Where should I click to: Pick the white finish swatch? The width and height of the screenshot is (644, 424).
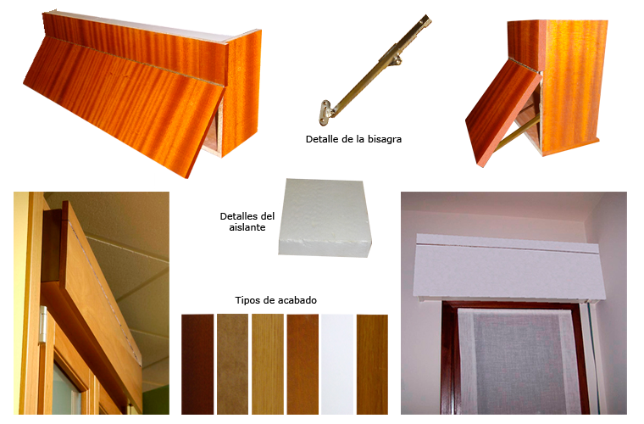click(x=337, y=364)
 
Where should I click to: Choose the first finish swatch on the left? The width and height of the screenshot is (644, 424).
click(x=197, y=364)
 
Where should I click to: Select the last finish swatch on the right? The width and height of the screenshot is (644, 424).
click(x=372, y=364)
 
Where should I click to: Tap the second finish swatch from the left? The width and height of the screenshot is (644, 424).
click(x=232, y=364)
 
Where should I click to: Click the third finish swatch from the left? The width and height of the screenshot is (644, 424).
click(x=268, y=364)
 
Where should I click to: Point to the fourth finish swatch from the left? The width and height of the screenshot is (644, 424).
click(x=303, y=364)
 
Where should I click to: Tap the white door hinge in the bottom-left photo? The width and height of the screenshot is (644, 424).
click(x=43, y=323)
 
